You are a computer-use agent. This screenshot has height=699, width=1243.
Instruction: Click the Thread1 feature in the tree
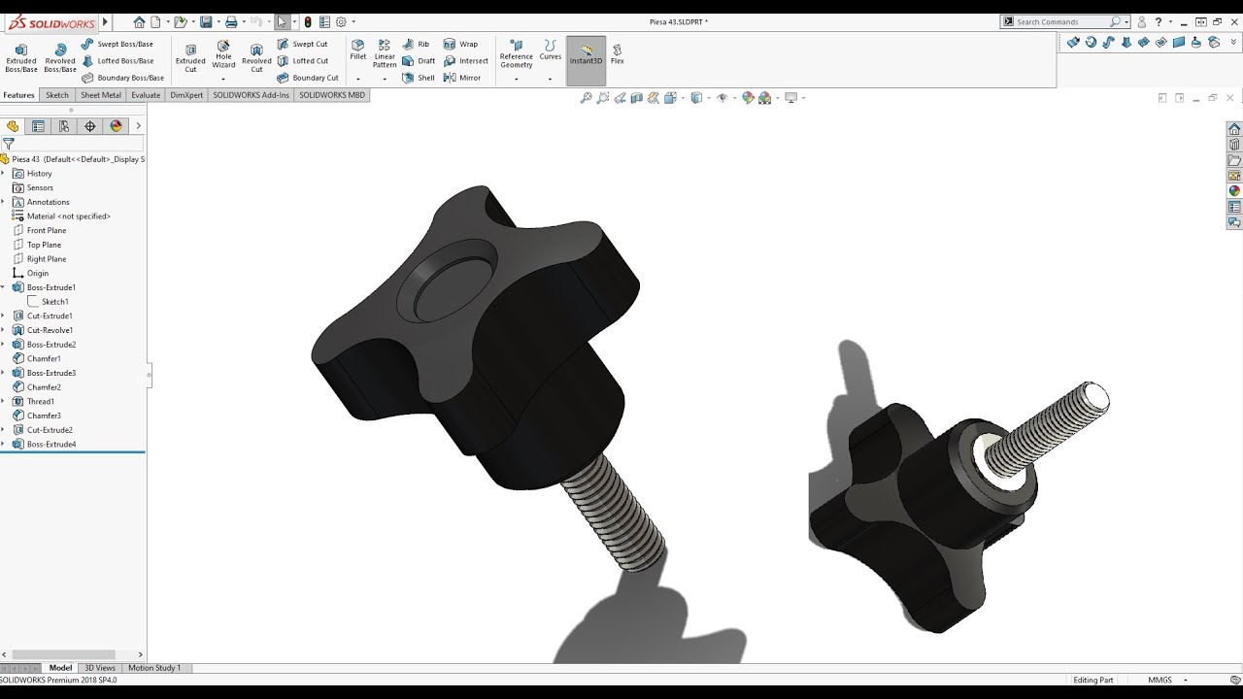40,401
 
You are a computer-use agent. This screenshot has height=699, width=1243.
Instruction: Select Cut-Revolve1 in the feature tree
49,330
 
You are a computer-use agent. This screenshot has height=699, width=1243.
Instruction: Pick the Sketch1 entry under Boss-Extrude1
54,302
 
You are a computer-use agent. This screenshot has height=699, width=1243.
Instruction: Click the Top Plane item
44,245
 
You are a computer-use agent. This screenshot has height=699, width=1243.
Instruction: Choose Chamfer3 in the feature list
44,416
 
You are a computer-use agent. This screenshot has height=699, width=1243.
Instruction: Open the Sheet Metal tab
101,95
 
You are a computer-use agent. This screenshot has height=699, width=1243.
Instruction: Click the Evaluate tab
146,95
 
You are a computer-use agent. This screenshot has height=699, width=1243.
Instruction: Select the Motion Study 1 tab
154,668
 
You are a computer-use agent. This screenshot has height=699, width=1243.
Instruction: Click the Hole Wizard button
223,54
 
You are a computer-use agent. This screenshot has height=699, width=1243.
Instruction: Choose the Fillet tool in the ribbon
358,50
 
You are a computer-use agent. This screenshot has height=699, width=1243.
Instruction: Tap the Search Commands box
1060,21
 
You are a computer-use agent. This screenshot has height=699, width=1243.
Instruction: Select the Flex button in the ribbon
617,53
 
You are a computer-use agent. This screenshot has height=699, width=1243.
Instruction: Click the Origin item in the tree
37,273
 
